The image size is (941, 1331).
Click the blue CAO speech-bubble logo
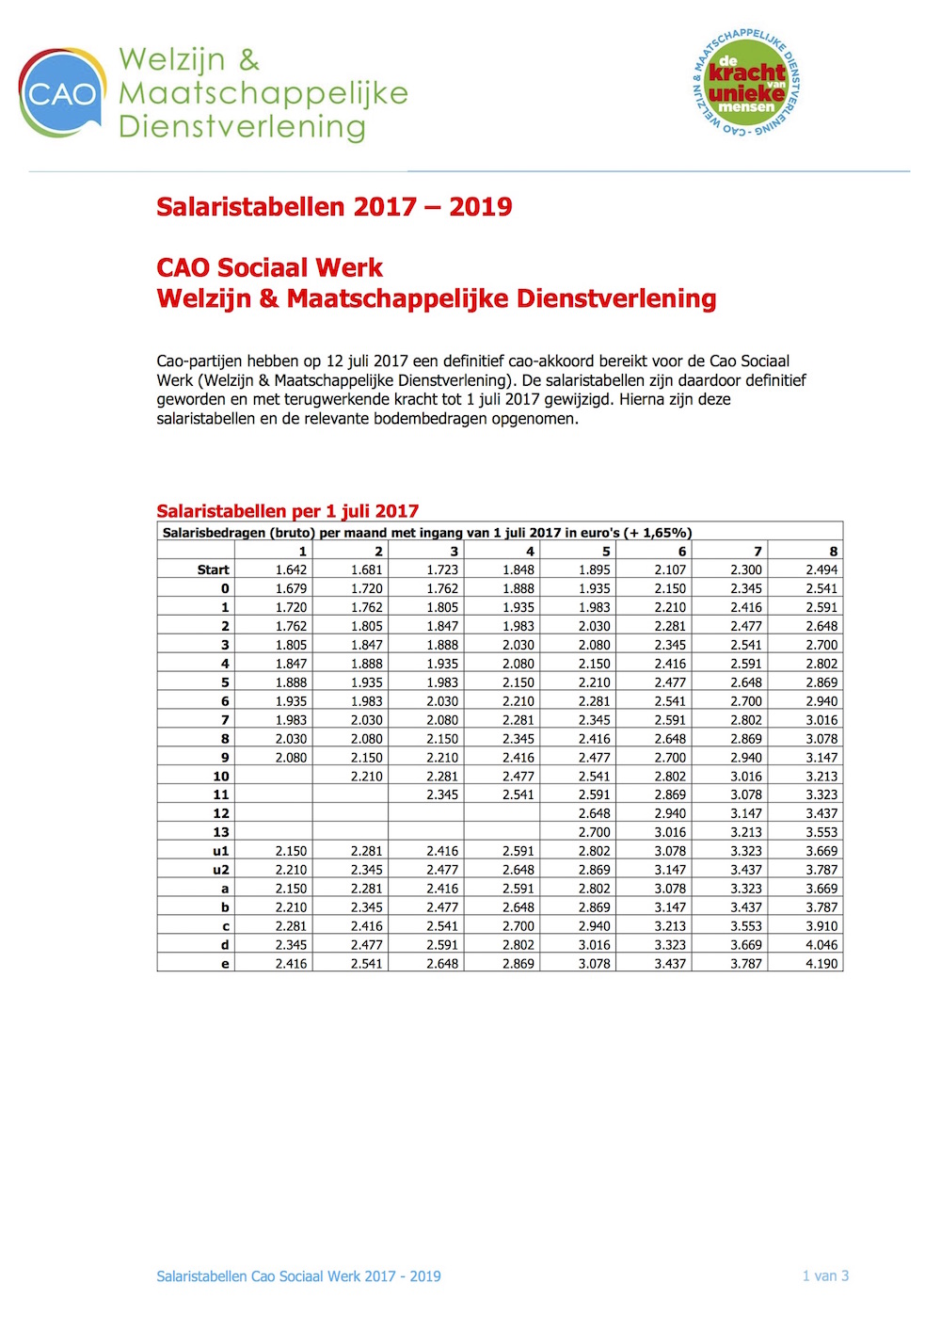pyautogui.click(x=61, y=93)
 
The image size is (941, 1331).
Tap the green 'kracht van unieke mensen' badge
pyautogui.click(x=746, y=83)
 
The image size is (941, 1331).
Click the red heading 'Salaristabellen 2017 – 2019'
pyautogui.click(x=334, y=207)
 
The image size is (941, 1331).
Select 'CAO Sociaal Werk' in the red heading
pyautogui.click(x=270, y=268)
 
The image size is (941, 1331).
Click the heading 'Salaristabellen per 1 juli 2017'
pyautogui.click(x=287, y=511)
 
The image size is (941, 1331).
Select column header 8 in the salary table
pyautogui.click(x=833, y=552)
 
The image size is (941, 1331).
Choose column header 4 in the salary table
pyautogui.click(x=530, y=552)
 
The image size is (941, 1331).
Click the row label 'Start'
pyautogui.click(x=213, y=570)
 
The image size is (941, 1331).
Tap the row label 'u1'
pyautogui.click(x=220, y=851)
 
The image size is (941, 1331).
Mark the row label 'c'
pyautogui.click(x=225, y=926)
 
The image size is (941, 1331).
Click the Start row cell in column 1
pyautogui.click(x=291, y=570)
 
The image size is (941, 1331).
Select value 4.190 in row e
pyautogui.click(x=821, y=964)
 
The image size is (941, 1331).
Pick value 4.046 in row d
pyautogui.click(x=821, y=945)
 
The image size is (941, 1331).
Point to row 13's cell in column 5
pyautogui.click(x=594, y=832)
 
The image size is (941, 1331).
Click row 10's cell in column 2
pyautogui.click(x=366, y=777)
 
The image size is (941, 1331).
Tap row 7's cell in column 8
pyautogui.click(x=821, y=720)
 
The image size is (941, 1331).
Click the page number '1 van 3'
pyautogui.click(x=825, y=1276)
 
